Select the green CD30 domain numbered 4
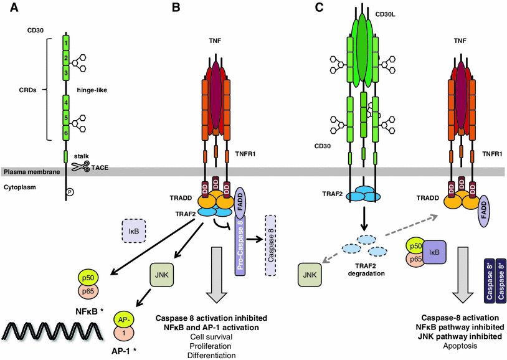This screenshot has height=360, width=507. pos(65,101)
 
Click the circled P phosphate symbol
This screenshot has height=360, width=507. pos(70,192)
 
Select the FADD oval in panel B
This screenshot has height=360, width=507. pos(242,202)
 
